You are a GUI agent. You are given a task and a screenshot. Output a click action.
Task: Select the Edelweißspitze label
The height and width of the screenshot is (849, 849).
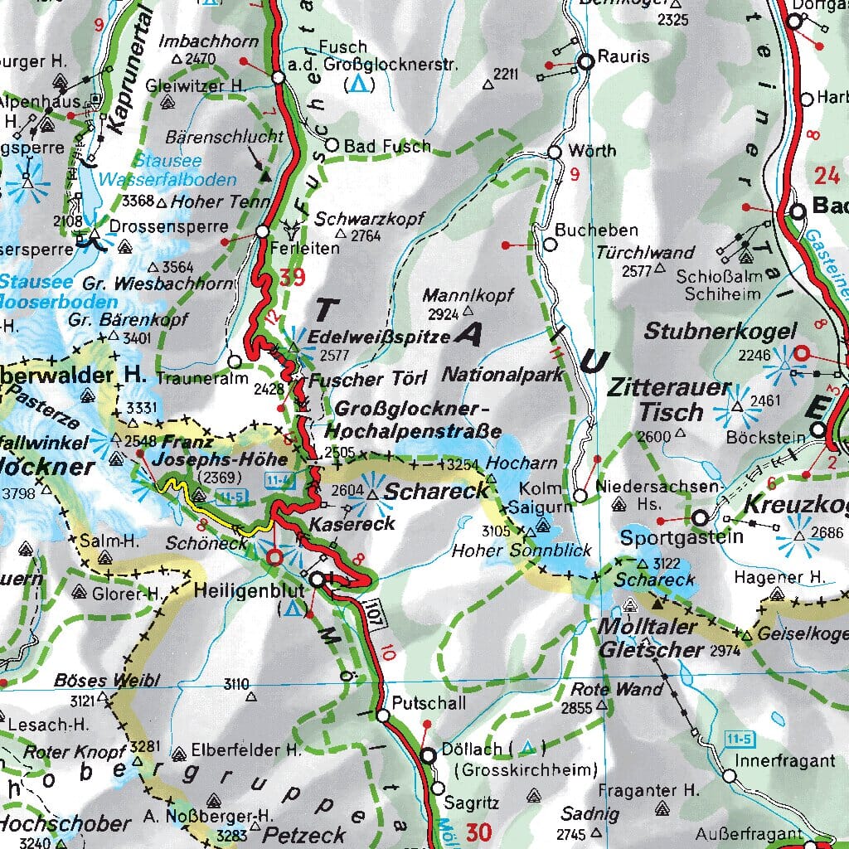click(379, 337)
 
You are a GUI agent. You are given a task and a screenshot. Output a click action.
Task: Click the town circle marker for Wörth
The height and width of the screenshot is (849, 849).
click(555, 152)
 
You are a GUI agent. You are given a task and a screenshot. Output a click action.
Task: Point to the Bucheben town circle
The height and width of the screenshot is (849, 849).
click(549, 245)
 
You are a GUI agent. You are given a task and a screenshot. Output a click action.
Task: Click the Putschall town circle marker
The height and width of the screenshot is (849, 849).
click(382, 715)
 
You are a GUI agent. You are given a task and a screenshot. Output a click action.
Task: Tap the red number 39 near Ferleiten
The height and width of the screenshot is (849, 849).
click(293, 278)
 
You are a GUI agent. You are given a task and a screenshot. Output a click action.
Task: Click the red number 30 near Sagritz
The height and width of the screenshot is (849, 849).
click(478, 830)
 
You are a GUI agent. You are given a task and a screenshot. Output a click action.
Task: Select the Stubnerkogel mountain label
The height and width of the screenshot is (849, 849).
click(720, 332)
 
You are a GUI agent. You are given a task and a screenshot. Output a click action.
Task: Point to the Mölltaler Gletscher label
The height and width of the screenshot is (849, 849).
click(651, 638)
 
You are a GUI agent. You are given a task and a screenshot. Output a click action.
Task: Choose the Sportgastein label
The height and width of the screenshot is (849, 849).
click(670, 537)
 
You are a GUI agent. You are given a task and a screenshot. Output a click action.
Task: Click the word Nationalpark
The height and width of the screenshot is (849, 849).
click(502, 375)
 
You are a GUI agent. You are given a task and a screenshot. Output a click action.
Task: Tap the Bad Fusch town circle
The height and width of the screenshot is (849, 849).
click(332, 145)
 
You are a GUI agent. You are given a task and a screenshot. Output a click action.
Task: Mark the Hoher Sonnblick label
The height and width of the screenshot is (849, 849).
click(522, 550)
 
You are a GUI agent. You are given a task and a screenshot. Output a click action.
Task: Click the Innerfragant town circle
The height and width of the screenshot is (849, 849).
click(729, 776)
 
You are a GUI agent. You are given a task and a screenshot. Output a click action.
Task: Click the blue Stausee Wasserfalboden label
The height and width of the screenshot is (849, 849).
click(166, 170)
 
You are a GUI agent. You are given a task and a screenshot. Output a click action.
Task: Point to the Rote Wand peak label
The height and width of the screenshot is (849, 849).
click(617, 689)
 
